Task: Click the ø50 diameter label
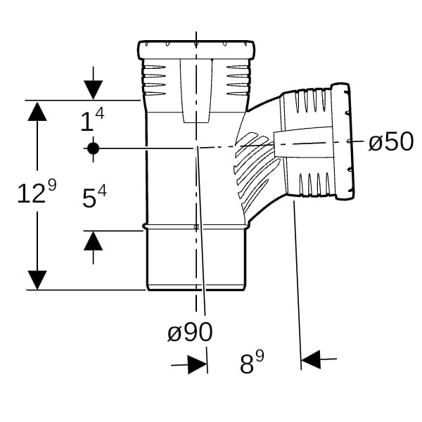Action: tap(391, 141)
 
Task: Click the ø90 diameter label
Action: tap(190, 332)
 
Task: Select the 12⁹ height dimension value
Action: tap(37, 191)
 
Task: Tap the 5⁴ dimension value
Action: tap(94, 197)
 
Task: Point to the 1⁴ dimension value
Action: tap(93, 120)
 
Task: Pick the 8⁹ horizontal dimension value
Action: tap(252, 362)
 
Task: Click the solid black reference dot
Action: tap(93, 148)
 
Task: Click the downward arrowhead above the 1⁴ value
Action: tap(93, 90)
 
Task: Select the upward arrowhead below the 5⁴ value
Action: tap(93, 241)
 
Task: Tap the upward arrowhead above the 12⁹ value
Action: tap(37, 112)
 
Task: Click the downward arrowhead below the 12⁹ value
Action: tap(37, 280)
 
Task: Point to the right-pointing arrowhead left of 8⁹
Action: tap(197, 364)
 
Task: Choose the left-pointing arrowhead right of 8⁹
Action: tap(311, 359)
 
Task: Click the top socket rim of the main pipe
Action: tap(196, 50)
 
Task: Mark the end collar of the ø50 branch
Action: tap(343, 141)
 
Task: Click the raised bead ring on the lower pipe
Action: tap(196, 227)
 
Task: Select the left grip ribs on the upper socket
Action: tap(155, 80)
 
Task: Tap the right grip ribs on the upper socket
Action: tap(238, 80)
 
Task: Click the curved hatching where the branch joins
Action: tap(256, 171)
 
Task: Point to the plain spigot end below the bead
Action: tap(196, 260)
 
